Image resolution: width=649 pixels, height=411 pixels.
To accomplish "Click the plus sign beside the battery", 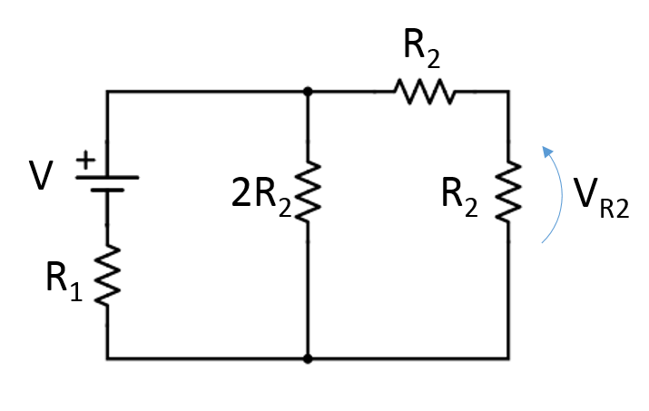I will pyautogui.click(x=84, y=161).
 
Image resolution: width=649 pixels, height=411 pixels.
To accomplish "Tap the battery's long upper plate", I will pyautogui.click(x=107, y=178).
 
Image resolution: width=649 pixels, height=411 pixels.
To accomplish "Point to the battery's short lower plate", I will pyautogui.click(x=107, y=191).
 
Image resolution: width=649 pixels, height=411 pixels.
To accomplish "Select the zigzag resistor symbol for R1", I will pyautogui.click(x=107, y=276).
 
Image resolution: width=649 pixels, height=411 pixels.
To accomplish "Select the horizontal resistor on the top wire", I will pyautogui.click(x=423, y=92).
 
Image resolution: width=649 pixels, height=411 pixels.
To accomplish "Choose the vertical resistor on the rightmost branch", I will pyautogui.click(x=508, y=192).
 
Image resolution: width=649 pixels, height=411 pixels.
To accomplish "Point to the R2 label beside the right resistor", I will pyautogui.click(x=459, y=196).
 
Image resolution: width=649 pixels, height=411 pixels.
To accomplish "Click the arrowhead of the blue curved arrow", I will pyautogui.click(x=546, y=151).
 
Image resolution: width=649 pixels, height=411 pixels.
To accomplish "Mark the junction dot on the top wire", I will pyautogui.click(x=308, y=92).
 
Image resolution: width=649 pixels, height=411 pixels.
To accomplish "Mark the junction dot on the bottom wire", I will pyautogui.click(x=308, y=358).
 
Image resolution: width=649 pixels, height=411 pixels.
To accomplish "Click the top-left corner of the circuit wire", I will pyautogui.click(x=107, y=92).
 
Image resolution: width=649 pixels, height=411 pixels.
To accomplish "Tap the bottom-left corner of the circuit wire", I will pyautogui.click(x=107, y=358).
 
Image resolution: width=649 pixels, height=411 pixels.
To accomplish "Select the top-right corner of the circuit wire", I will pyautogui.click(x=508, y=92).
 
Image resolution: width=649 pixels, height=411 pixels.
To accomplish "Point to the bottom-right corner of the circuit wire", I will pyautogui.click(x=508, y=358).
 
